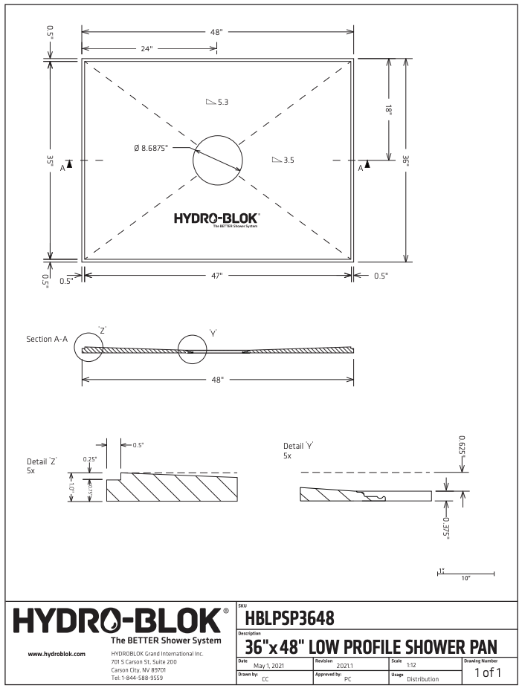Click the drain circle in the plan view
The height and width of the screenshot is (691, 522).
coord(217,159)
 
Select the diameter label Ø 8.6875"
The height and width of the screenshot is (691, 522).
coord(151,148)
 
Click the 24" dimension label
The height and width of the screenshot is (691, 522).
coord(146,48)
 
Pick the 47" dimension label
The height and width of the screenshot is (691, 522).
coord(217,276)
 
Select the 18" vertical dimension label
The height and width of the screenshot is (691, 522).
coord(388,108)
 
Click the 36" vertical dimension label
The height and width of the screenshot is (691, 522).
coord(406,159)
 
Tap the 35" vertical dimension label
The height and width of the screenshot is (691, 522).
coord(50,159)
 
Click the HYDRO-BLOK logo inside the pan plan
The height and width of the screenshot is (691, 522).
coord(217,218)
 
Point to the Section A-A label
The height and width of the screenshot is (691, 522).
coord(47,339)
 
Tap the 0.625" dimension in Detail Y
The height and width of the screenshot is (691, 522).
coord(463,445)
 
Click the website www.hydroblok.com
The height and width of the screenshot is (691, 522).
coord(57,654)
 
